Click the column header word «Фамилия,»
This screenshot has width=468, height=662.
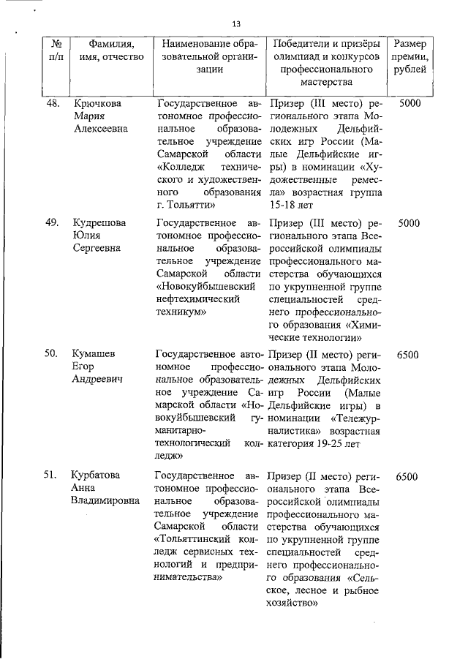pos(110,42)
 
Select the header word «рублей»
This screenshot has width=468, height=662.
pos(410,71)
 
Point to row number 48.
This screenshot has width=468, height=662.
pos(52,103)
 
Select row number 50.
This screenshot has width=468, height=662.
pos(52,355)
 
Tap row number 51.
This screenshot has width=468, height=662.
pos(52,476)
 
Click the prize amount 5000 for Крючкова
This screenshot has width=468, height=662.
pos(409,103)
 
